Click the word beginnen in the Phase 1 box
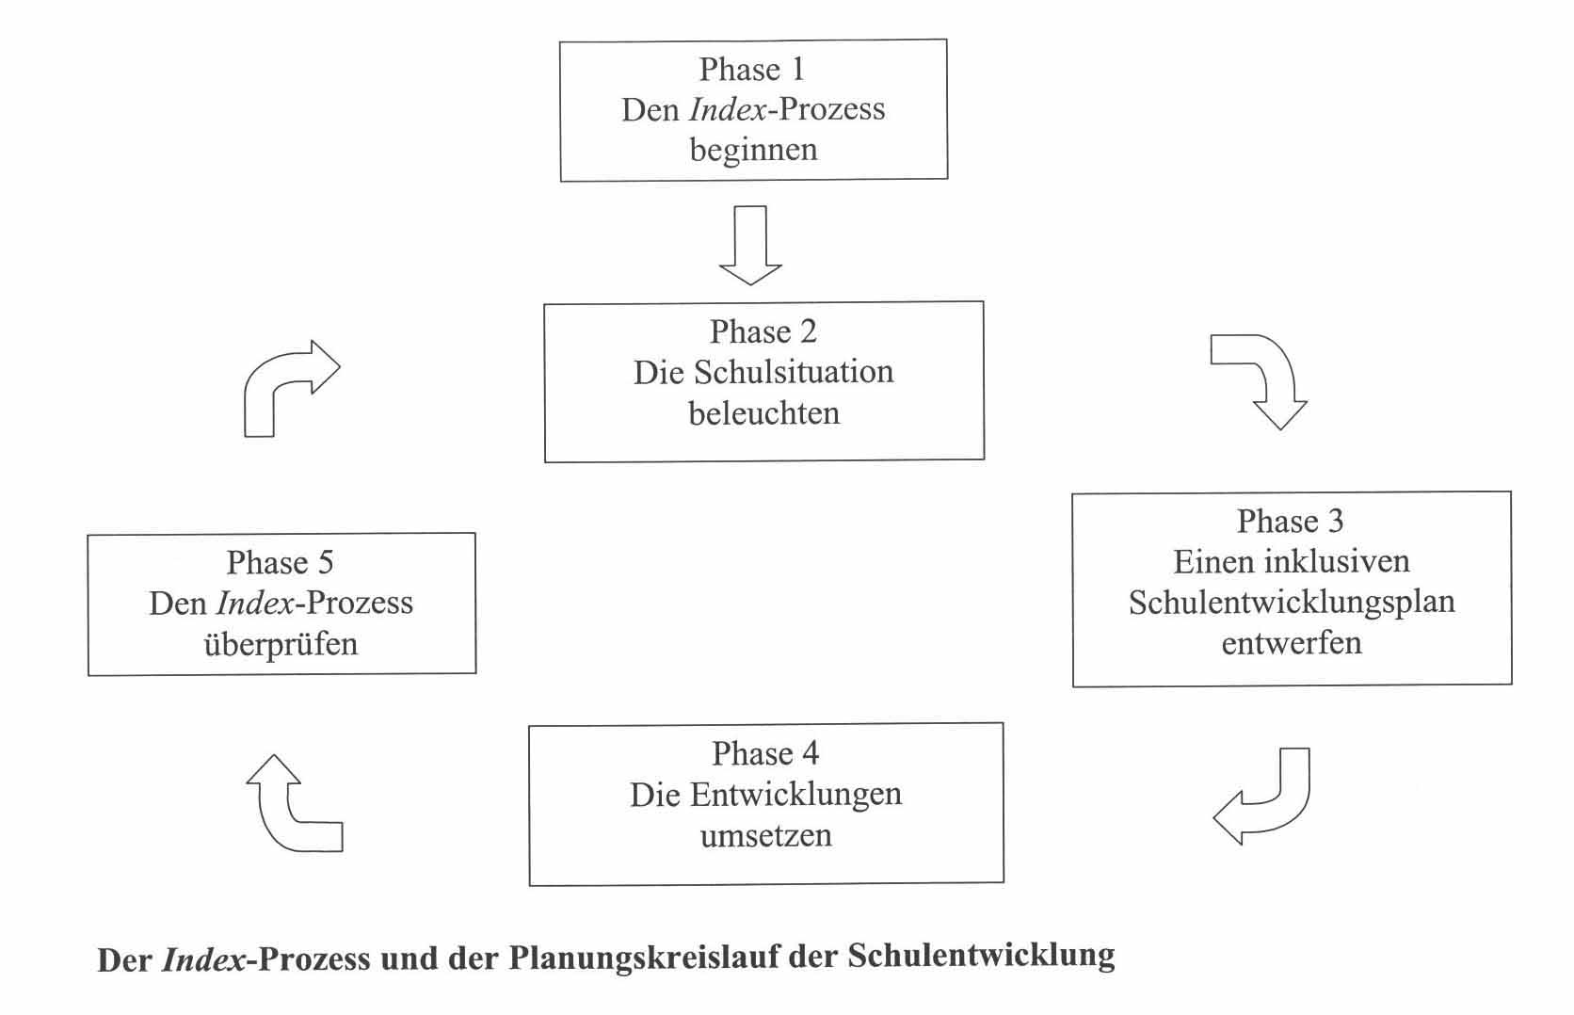coord(753,150)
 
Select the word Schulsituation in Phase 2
coord(794,372)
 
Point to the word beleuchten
coord(763,412)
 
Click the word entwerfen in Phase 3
coord(1292,642)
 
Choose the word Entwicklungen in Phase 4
coord(795,796)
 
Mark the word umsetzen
coord(766,836)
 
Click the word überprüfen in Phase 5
coord(281,644)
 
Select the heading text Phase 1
coord(752,69)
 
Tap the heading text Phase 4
coord(765,753)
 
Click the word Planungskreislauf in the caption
coord(643,957)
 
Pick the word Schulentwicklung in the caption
coord(981,956)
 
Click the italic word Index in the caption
coord(203,959)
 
